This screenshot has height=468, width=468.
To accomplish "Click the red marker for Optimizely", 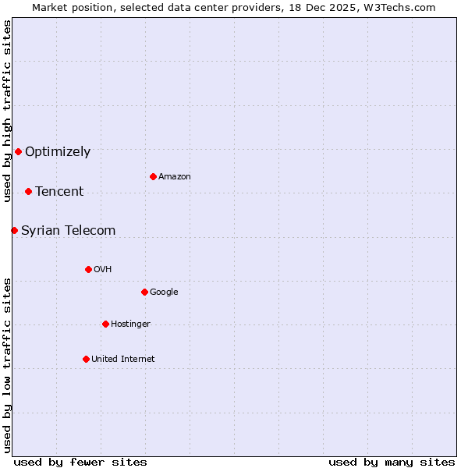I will click(x=18, y=151).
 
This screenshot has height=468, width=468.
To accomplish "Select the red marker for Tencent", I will click(x=28, y=191).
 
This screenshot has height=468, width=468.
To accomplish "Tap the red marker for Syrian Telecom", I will click(x=14, y=230).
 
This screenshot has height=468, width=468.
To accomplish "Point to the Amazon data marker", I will click(x=153, y=176).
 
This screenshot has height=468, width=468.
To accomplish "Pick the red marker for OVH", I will click(x=88, y=269).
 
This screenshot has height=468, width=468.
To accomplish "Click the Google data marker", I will click(x=144, y=292).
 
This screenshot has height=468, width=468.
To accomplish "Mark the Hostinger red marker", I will click(x=105, y=324).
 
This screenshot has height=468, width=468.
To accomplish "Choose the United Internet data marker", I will click(x=86, y=359).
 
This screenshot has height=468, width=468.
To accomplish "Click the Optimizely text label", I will click(x=58, y=151).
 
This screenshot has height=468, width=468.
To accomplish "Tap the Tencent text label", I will click(x=59, y=191).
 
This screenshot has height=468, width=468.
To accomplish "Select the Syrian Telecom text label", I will click(x=69, y=230).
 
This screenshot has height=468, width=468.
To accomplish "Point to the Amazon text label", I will click(x=175, y=176).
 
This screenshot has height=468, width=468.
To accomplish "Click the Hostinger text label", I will click(x=130, y=324).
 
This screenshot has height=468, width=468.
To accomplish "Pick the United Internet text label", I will click(x=123, y=359).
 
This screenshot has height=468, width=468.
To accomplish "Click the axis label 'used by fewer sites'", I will click(x=80, y=462).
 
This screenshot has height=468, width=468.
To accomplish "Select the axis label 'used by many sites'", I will click(x=392, y=462).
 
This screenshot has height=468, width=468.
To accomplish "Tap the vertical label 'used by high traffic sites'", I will click(x=7, y=110).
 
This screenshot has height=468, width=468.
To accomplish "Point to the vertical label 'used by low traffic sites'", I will click(x=7, y=364).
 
